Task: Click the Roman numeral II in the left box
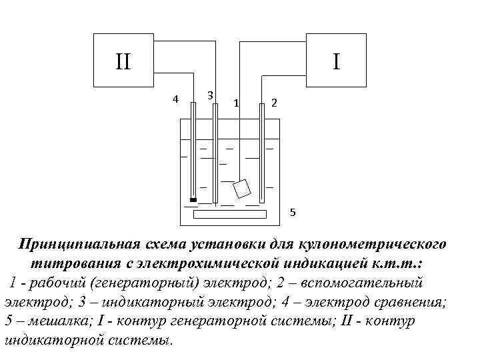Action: [123, 62]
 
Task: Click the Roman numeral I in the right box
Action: [337, 61]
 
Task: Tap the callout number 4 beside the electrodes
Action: [175, 99]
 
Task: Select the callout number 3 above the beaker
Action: [210, 95]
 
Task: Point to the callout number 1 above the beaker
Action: [236, 103]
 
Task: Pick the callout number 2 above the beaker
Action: [274, 103]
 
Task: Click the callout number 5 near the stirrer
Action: [292, 213]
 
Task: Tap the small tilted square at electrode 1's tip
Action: [242, 188]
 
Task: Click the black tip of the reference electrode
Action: [193, 199]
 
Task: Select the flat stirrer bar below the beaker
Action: [230, 215]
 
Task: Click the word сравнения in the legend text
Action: [409, 302]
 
